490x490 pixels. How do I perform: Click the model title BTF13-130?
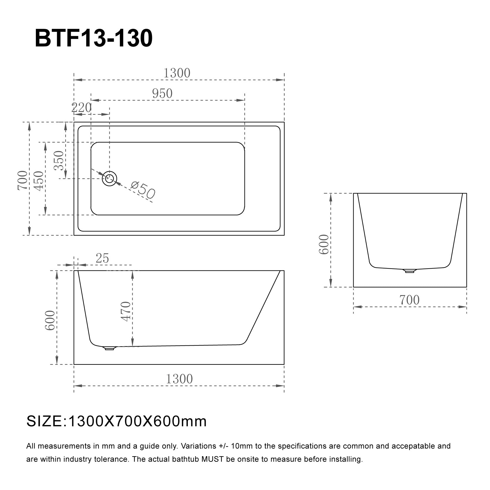coord(93,39)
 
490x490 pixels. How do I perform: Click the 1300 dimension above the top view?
coord(177,73)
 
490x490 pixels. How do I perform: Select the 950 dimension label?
coord(162,94)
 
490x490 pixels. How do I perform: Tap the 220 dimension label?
coord(81,108)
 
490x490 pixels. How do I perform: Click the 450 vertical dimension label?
coord(39,181)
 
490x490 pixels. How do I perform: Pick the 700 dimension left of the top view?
coord(23,180)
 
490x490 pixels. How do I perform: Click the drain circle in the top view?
coord(110,178)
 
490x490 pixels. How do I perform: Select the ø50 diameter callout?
coord(143,190)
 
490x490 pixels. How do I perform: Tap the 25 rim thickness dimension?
coord(102,259)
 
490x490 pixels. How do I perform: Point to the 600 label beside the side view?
coord(50,320)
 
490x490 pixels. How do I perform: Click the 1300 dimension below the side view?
coord(179,379)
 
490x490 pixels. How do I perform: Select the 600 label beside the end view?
coord(324,244)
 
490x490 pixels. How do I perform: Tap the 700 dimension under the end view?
coord(409,300)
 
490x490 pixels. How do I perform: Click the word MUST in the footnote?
coord(210,459)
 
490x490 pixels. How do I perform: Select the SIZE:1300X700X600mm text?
coord(116,421)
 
